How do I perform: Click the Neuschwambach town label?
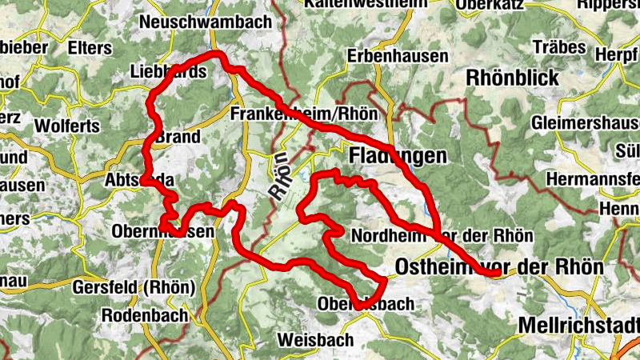[206, 22]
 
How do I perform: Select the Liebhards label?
[167, 72]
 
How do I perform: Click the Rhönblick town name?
[510, 81]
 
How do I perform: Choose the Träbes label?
[576, 48]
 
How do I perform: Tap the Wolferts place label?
[67, 126]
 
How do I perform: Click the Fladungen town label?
[396, 156]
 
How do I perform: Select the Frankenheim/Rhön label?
[303, 114]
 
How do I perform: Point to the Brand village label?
[178, 137]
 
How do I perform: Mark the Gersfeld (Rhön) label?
[133, 287]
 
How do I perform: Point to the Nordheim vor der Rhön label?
[442, 235]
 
